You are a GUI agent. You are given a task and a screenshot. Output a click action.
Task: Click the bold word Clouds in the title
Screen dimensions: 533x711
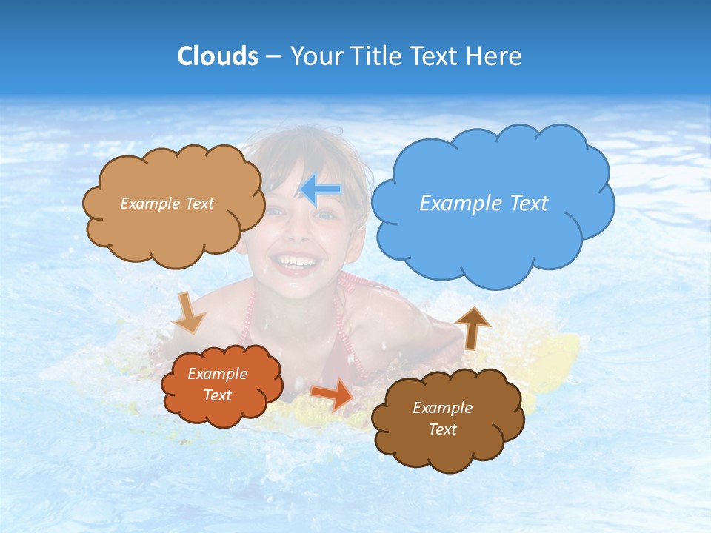217,56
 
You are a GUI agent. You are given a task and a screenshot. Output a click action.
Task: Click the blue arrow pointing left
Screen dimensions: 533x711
321,190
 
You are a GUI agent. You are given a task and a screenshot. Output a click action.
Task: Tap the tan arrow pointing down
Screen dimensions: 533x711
189,313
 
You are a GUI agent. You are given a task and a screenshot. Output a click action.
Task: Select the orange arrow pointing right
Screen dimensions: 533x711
332,394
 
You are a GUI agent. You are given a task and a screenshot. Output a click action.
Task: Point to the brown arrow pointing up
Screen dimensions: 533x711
473,328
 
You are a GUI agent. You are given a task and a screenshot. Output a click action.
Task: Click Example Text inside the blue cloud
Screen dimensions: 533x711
484,204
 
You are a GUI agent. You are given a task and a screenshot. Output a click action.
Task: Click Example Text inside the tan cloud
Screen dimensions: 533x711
167,204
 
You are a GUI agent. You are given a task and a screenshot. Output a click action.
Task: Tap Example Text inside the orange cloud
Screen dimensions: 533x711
217,384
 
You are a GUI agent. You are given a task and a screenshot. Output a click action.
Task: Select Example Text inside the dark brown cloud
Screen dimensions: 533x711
442,418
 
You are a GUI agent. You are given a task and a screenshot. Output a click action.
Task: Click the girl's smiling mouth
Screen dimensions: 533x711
295,261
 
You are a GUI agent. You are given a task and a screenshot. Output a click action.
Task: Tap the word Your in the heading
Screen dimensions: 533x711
314,56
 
